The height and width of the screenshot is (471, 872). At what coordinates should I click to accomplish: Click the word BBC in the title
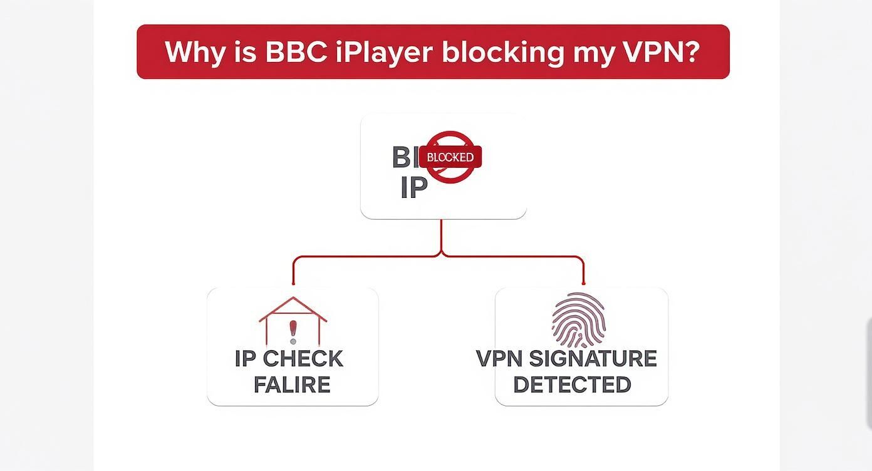pos(296,52)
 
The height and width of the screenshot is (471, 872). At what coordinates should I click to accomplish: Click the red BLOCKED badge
pos(450,157)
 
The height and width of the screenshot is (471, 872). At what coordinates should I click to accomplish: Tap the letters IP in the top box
pos(413,187)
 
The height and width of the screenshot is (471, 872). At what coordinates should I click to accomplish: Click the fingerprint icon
pos(578,320)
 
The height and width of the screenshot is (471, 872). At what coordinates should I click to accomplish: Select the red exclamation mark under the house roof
pos(293,330)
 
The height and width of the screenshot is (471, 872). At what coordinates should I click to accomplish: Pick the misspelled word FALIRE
pos(292,385)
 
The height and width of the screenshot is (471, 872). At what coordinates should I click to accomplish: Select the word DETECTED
pos(572,385)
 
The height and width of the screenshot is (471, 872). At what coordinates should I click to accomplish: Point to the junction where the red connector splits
pos(442,254)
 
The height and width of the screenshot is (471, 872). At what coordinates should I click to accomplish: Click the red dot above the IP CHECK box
pos(293,283)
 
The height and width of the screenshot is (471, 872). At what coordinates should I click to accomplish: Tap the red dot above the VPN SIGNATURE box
pos(583,283)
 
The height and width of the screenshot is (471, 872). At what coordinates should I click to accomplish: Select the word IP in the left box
pos(246,359)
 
